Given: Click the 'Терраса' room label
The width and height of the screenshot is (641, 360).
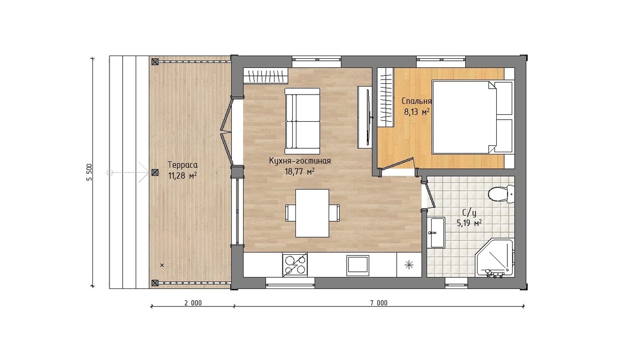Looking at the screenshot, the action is point(183,165).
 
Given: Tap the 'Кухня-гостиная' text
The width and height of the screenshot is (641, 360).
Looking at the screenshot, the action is point(300,161).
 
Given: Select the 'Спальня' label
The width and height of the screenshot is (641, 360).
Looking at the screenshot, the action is point(416,101).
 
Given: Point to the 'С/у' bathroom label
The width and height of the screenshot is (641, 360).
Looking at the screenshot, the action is point(470,213).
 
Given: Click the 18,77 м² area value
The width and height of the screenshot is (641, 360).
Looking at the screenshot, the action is point(300,171).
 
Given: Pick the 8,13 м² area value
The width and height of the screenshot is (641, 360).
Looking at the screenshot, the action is point(417,112).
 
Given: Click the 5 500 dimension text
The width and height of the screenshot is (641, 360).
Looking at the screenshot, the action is point(89,172).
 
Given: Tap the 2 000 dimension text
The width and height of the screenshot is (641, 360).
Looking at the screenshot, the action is point(193,303).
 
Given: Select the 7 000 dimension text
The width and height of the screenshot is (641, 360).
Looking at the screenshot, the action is point(379,303).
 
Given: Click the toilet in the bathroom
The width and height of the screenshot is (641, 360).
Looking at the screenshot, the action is point(501,194).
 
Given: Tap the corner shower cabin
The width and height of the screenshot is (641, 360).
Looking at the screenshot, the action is point(494,257).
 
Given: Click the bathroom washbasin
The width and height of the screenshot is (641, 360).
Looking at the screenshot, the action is point(436,232).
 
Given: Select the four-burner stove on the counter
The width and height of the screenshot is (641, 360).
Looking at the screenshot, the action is point(295,265).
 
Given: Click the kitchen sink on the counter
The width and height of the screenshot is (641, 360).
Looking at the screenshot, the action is point(357,265).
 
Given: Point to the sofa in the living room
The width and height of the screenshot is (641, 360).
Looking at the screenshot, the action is point(302,121).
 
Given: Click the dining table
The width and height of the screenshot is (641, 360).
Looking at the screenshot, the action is point(312,213).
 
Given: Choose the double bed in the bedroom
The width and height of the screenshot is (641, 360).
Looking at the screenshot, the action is point(472,118).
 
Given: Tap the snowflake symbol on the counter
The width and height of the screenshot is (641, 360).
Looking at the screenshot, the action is point(409,265).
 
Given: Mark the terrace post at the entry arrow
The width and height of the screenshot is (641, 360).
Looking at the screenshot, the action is point(155,173).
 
